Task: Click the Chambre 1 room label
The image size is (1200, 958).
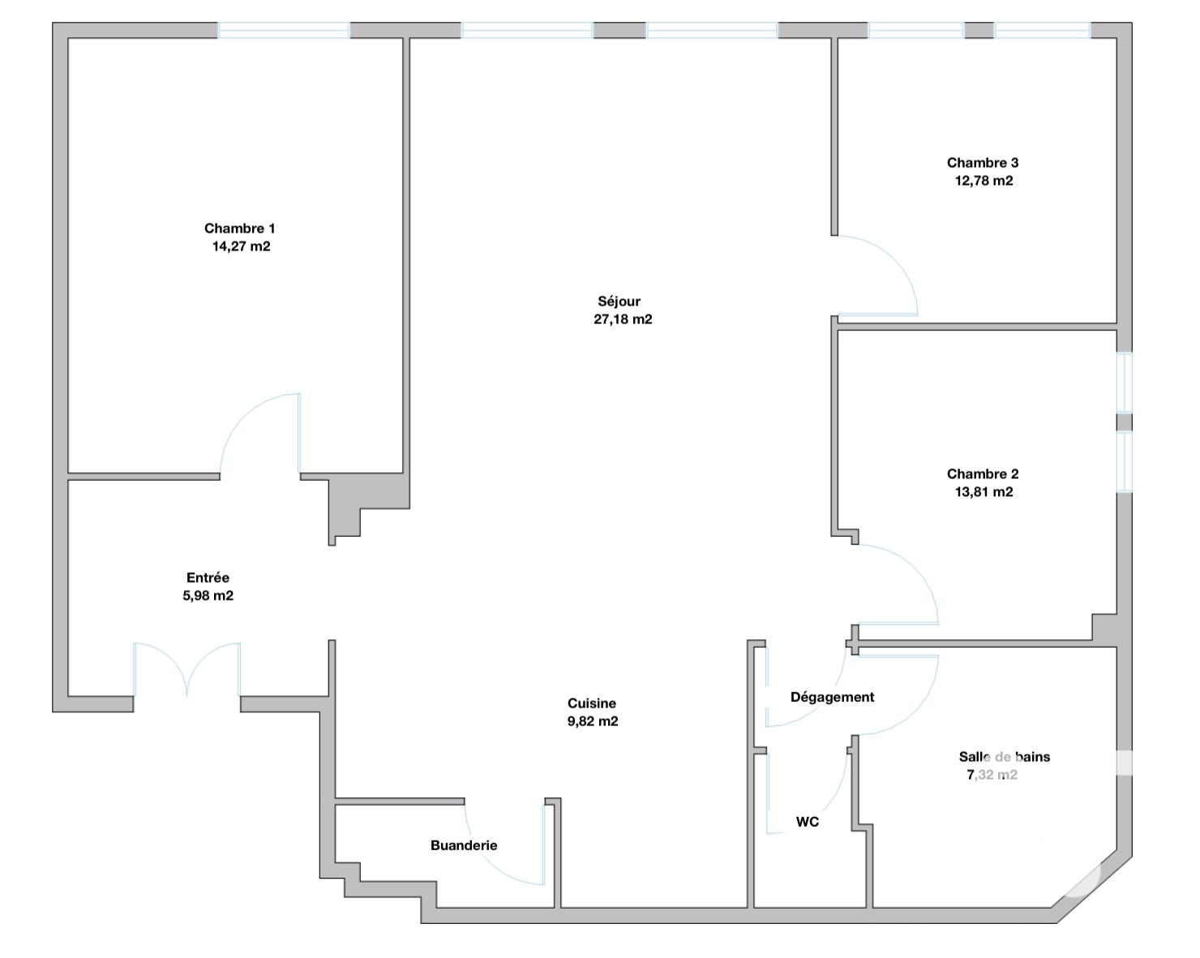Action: pos(240,229)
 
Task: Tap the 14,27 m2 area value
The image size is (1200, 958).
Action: pos(241,246)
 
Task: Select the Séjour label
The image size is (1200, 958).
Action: pos(619,302)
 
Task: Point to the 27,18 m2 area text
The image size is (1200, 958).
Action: pos(623,319)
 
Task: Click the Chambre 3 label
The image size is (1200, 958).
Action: pos(983,163)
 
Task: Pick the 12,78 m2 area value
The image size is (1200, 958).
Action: pos(984,181)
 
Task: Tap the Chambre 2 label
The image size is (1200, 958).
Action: pos(983,474)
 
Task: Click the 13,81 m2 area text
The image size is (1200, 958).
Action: pos(984,492)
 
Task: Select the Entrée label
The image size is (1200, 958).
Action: pos(208,578)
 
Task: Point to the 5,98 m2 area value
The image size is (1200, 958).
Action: pos(208,596)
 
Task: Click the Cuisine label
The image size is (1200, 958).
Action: pos(592,704)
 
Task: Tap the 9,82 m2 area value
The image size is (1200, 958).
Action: pos(593,721)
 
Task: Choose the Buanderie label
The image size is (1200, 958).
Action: pos(464,845)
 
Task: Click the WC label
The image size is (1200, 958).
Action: pos(808,822)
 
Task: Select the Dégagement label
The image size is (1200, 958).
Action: pos(832,697)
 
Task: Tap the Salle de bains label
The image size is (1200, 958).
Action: pos(1005,757)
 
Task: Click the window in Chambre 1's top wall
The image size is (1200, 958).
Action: pos(284,31)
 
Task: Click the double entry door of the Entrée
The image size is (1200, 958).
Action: pos(186,669)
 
